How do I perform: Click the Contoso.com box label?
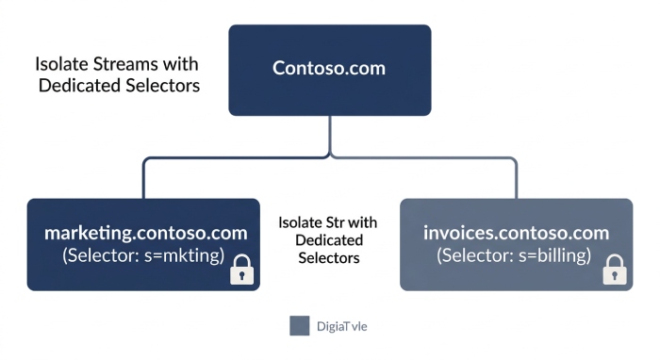pos(329,68)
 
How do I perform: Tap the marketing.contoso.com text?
pos(145,233)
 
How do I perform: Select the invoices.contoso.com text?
pos(516,233)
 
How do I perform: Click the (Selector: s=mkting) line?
pos(143,255)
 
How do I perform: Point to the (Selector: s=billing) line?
pos(514,255)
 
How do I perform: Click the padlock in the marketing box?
pos(242,270)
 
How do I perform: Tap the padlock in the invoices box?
pos(615,270)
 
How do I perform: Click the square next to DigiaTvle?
pos(299,326)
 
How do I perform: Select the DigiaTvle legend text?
pos(341,326)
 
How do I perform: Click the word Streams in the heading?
pos(125,64)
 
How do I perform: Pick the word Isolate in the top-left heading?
pos(61,64)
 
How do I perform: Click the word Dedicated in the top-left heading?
pos(79,86)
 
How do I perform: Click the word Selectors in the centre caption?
pos(329,258)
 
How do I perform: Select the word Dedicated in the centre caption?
pos(329,240)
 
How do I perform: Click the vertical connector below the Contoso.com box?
pos(330,136)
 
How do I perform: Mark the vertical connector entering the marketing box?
pos(144,179)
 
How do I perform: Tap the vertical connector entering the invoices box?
pos(516,179)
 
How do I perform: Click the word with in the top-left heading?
pos(181,64)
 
